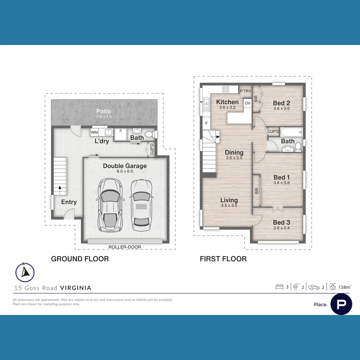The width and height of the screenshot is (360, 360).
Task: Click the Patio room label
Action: [x=104, y=111]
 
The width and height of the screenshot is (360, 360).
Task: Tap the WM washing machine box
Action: [x=94, y=133]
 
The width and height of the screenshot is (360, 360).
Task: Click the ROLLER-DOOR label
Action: [x=125, y=247]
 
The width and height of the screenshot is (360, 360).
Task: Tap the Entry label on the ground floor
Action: [x=69, y=202]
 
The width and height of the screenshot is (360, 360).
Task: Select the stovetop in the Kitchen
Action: [x=226, y=89]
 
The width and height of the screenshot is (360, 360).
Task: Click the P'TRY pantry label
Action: [x=245, y=91]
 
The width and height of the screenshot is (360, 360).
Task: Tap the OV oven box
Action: [x=248, y=103]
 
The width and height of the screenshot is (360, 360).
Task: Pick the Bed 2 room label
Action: [x=281, y=103]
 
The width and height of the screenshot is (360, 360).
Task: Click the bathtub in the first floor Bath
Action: [x=291, y=132]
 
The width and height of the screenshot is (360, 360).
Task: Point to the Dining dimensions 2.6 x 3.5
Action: [x=234, y=158]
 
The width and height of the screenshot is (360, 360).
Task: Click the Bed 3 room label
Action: [x=281, y=222]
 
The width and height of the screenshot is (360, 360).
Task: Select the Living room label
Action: [x=229, y=200]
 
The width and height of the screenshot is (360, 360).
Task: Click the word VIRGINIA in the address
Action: [x=76, y=288]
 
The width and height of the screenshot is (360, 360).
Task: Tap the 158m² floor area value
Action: [x=345, y=287]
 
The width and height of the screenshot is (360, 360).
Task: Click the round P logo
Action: [x=341, y=304]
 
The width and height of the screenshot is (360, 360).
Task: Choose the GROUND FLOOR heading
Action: [x=80, y=259]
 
